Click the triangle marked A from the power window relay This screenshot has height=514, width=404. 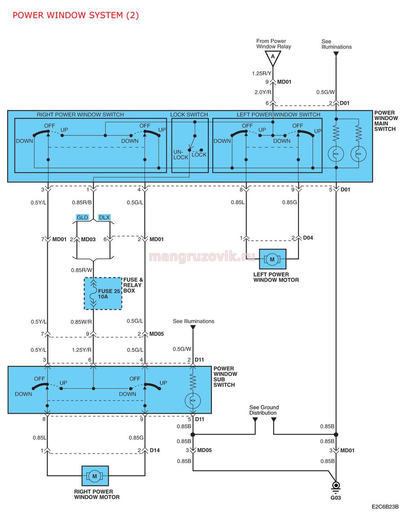coord(272,58)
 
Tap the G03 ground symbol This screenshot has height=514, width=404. coord(336,487)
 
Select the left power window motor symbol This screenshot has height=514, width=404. coord(272,259)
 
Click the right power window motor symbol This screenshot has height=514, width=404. coord(95,476)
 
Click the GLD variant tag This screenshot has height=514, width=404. coord(82,217)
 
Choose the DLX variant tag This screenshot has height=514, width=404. coord(104,217)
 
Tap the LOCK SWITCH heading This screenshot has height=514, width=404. coord(189,115)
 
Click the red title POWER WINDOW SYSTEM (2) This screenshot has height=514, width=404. coord(75,15)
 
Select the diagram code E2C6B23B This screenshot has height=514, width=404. coord(385,507)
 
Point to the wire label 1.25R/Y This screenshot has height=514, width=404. coord(262,73)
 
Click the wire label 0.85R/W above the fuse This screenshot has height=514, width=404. coord(82,270)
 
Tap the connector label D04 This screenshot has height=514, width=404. coord(308,238)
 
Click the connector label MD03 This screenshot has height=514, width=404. coord(88,239)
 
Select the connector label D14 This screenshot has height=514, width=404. coord(155,450)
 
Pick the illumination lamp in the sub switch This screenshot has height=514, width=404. coord(193,400)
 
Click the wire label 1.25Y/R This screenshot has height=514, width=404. coord(82,350)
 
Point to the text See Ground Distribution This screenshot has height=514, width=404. coord(264,410)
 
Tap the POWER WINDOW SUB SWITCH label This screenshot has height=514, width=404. coord(225,376)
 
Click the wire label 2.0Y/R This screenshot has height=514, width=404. coord(263,92)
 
